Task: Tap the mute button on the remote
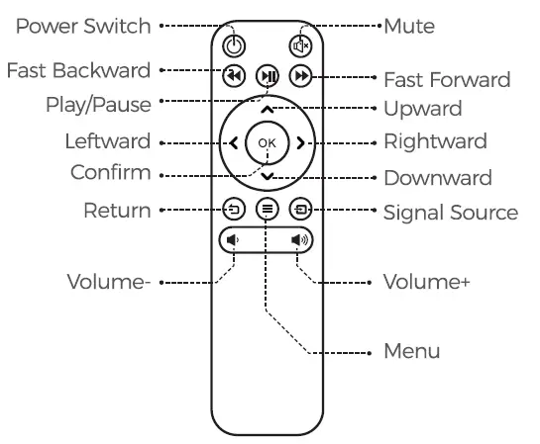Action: pos(300,44)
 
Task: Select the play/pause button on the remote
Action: pos(267,76)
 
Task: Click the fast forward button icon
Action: pos(299,76)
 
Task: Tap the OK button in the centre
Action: pos(267,143)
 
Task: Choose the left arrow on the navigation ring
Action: pos(234,143)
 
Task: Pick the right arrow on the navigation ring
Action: pos(300,143)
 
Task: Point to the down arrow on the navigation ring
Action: pos(267,176)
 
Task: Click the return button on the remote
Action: pos(234,209)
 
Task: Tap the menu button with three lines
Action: pos(267,209)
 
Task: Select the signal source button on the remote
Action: pos(299,209)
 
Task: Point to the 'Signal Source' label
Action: pos(450,212)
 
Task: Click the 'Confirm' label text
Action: pos(111,173)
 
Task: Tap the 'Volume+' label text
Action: pos(427,282)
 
